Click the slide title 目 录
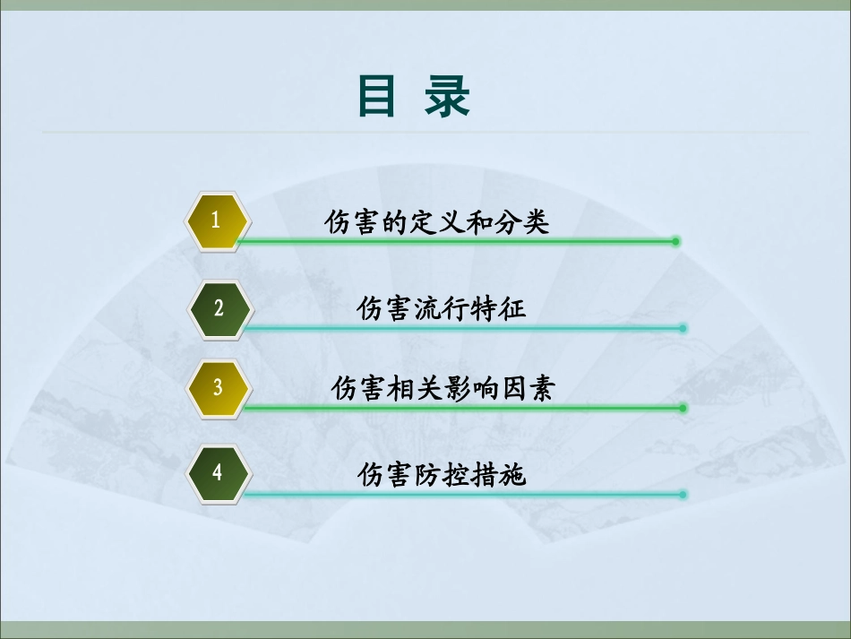click(x=413, y=97)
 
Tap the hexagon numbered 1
click(x=216, y=220)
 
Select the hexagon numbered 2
click(x=219, y=308)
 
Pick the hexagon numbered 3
click(x=218, y=388)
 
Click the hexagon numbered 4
click(x=218, y=472)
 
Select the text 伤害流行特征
click(x=442, y=309)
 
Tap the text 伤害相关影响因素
click(x=443, y=389)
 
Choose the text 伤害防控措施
click(x=442, y=474)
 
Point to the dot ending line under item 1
click(x=676, y=241)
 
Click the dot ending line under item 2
click(x=683, y=329)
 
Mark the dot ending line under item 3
click(x=683, y=408)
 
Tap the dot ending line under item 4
click(x=683, y=494)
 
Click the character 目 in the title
click(x=376, y=97)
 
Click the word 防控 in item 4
click(x=442, y=474)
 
